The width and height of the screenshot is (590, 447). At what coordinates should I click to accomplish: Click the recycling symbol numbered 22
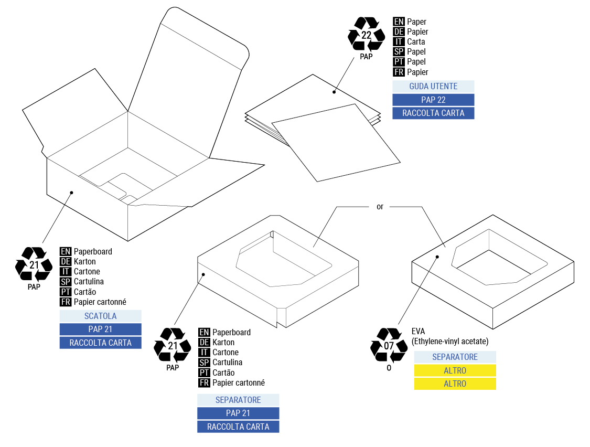pos(366,35)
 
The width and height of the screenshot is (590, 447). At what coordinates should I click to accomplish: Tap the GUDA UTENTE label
pos(433,86)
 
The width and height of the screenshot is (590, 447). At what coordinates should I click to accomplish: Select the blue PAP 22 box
pos(433,100)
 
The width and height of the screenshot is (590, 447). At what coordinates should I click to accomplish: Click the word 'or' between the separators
pos(380,207)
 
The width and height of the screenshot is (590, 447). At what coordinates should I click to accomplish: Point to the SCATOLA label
pos(100,316)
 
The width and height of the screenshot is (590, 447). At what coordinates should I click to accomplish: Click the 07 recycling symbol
pos(389,346)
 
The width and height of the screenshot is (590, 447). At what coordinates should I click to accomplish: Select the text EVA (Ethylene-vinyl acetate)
pos(449,336)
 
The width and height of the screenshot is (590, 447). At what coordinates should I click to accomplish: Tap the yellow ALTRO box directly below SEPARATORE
pos(455,370)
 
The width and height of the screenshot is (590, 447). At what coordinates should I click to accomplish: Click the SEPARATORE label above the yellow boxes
pos(455,357)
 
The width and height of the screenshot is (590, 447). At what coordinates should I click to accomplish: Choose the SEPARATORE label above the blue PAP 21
pos(238,400)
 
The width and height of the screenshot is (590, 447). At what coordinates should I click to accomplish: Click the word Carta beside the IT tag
pos(416,42)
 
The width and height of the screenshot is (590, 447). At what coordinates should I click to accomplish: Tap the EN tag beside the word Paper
pos(399,22)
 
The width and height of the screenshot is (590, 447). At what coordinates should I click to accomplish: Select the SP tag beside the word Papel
pos(399,52)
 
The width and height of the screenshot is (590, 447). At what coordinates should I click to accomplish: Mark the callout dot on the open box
pos(72,193)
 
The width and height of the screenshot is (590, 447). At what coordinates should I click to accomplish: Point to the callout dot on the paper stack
pos(334,92)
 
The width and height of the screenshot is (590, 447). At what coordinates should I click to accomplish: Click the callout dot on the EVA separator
pos(437,257)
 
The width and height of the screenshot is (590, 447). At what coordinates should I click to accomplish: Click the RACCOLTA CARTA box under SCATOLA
pos(100,343)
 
